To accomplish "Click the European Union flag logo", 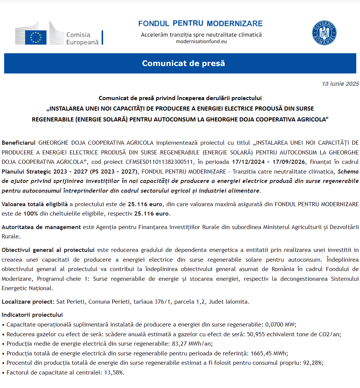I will tap(36, 37).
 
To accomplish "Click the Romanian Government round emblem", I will tap(324, 33).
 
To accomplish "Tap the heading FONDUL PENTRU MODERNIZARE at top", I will tap(200, 24).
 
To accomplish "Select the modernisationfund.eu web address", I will tap(201, 41).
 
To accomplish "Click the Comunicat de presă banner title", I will tap(183, 63).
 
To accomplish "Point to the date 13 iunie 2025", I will tap(340, 84).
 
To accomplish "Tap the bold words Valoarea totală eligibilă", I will tap(35, 205).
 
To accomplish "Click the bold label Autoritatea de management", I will tap(41, 227).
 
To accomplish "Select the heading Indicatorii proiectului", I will tap(32, 315).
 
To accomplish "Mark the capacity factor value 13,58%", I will tap(113, 373).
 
